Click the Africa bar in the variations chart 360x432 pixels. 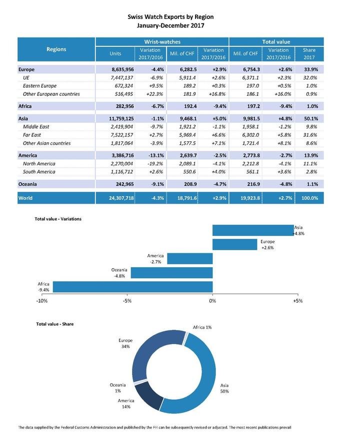pyautogui.click(x=132, y=287)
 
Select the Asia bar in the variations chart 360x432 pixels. pyautogui.click(x=252, y=230)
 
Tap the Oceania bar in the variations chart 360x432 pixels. pyautogui.click(x=171, y=273)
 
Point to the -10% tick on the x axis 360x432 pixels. pyautogui.click(x=42, y=301)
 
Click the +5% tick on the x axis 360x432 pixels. pyautogui.click(x=296, y=301)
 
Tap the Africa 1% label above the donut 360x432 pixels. pyautogui.click(x=202, y=327)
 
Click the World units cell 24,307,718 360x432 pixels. pyautogui.click(x=115, y=198)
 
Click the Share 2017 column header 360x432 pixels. pyautogui.click(x=309, y=53)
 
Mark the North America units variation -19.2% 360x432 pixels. pyautogui.click(x=148, y=164)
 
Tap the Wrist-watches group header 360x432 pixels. pyautogui.click(x=162, y=42)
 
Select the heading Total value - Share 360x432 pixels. pyautogui.click(x=54, y=324)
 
